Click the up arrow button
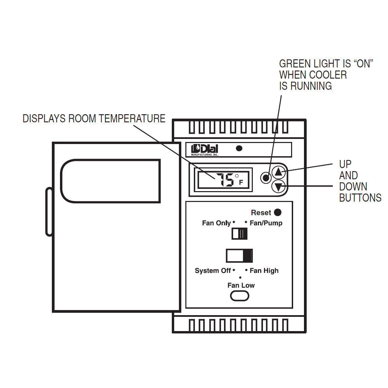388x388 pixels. tap(278, 172)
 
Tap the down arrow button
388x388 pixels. tap(278, 187)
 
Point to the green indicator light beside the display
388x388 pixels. tap(266, 177)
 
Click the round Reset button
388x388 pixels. tap(278, 212)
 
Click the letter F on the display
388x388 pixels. tap(241, 182)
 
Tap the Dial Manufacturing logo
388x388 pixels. tap(205, 149)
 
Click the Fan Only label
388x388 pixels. tap(216, 223)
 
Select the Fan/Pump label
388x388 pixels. tap(266, 223)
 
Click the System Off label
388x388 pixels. tap(212, 271)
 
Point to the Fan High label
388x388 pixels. tap(264, 271)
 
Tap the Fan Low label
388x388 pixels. tap(241, 285)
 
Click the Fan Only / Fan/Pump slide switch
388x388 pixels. tap(240, 234)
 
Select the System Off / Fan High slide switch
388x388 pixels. tap(240, 256)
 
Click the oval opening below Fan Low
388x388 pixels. tap(240, 296)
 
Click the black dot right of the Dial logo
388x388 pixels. tap(239, 148)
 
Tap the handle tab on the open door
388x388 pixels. tap(49, 211)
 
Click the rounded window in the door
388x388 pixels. tap(110, 181)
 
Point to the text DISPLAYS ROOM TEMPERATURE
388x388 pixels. tap(94, 119)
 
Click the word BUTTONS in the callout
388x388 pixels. tap(360, 198)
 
